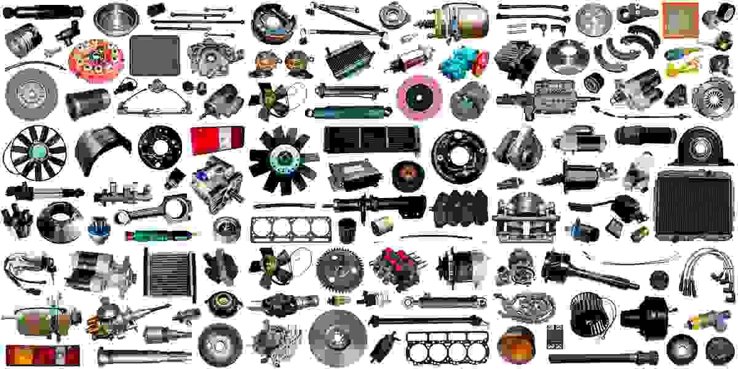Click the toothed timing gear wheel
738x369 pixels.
click(x=341, y=266)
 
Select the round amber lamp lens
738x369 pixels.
click(x=515, y=344)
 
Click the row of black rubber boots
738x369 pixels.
click(x=461, y=209)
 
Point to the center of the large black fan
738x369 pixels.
click(x=282, y=159)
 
